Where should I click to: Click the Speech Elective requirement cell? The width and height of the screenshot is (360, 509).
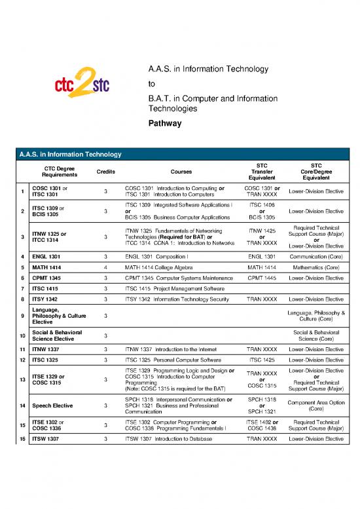[54, 405]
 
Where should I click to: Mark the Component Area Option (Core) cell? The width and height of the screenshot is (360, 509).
[316, 405]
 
